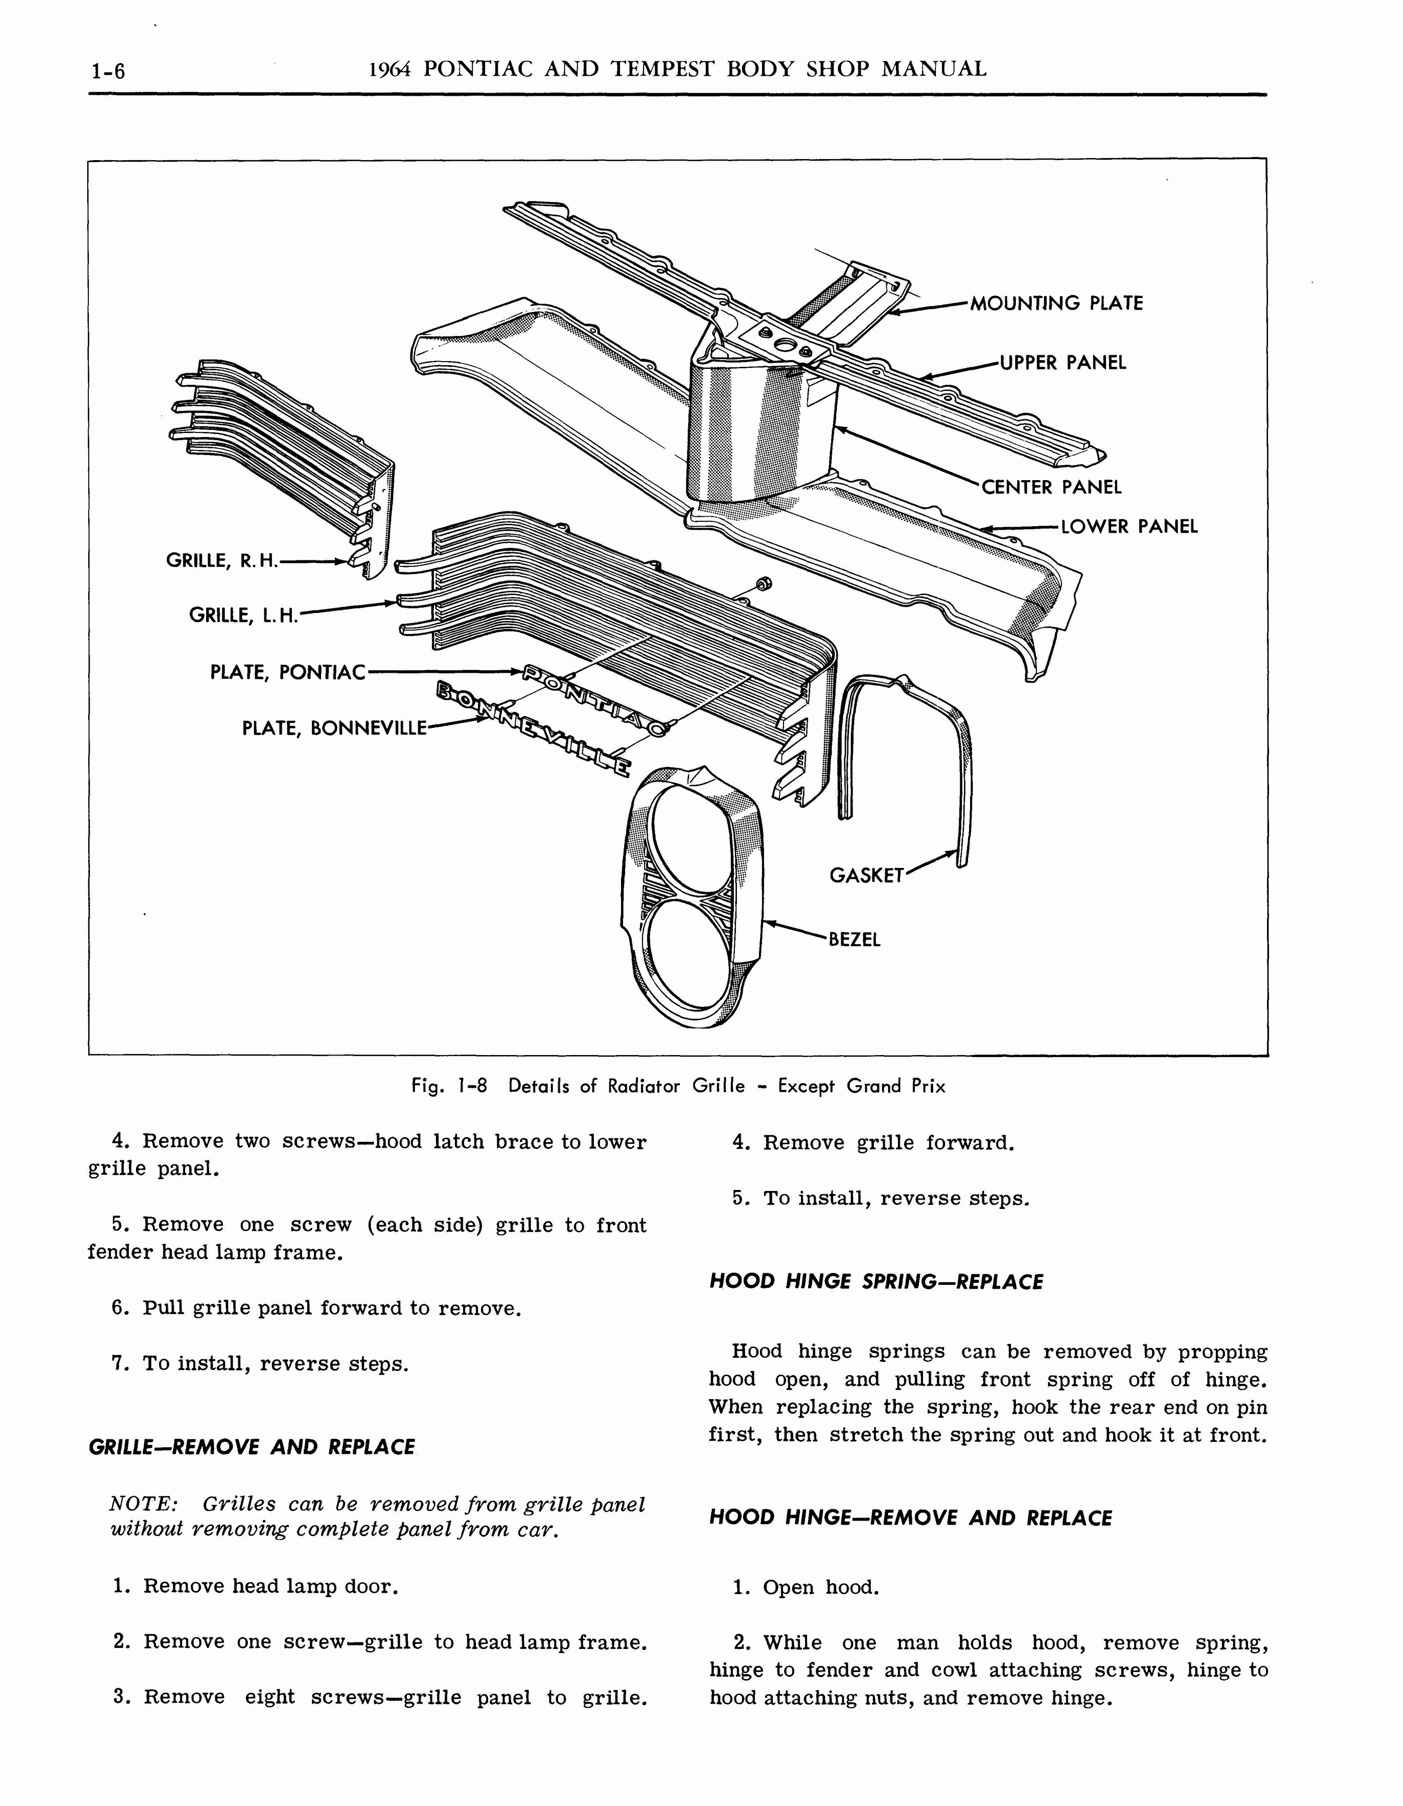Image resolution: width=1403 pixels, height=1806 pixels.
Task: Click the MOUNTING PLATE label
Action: click(x=1056, y=304)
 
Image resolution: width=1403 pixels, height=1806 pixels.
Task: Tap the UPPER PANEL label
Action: click(x=1062, y=363)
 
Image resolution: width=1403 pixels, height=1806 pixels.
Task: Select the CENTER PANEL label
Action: click(x=1051, y=487)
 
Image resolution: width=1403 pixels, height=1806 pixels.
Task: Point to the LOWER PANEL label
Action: click(x=1129, y=527)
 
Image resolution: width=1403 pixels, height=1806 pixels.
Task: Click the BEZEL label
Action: click(x=854, y=940)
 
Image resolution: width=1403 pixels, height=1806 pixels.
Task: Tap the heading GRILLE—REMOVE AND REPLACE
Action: click(x=251, y=1447)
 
